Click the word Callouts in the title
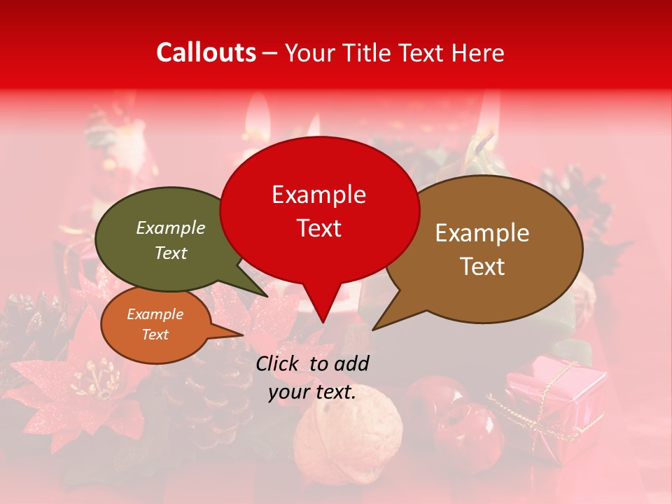(x=206, y=52)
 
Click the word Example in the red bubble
(x=319, y=195)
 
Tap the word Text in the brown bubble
(x=483, y=267)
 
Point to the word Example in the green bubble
(x=171, y=227)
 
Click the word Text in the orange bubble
(x=155, y=335)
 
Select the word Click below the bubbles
(x=279, y=363)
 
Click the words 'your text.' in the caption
(x=312, y=392)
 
